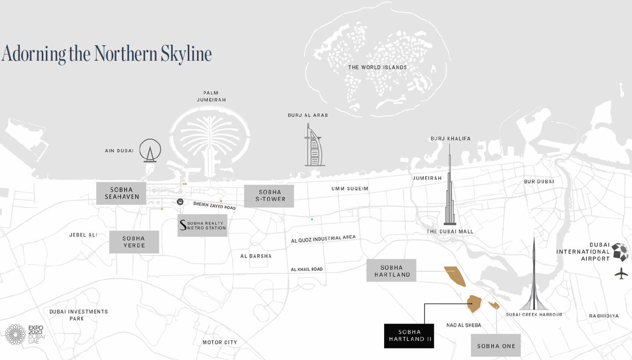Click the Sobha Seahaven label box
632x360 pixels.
(121, 193)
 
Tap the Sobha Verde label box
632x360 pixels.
(134, 242)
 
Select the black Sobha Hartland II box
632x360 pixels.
(409, 336)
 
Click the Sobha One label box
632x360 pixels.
(496, 346)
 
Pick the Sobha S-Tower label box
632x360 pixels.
(268, 196)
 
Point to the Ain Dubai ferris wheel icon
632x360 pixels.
(150, 151)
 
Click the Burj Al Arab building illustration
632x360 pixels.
(314, 147)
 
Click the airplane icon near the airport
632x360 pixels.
(621, 274)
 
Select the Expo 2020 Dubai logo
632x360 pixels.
(25, 334)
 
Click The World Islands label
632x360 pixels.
(377, 67)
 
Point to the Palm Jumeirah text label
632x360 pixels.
(211, 96)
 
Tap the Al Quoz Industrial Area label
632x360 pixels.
(323, 239)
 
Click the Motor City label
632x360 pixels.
(220, 343)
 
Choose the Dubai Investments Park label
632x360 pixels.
(79, 315)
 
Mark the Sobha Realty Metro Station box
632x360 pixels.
(202, 225)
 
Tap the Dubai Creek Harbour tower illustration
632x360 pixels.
(534, 280)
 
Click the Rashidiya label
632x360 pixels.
(604, 316)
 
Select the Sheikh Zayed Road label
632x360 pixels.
(214, 205)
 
